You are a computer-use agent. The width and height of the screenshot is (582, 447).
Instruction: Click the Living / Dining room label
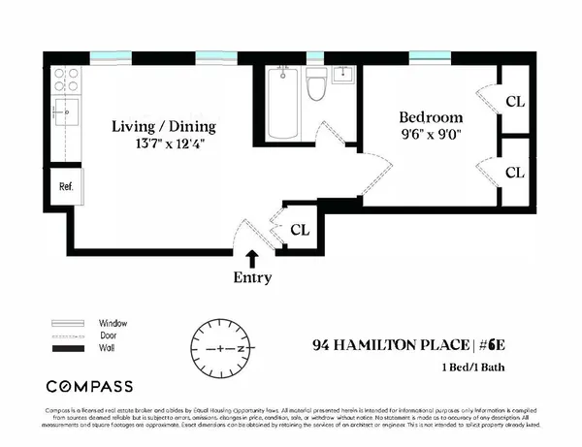tap(163, 127)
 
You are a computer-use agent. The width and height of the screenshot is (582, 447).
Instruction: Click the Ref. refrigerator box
tap(67, 186)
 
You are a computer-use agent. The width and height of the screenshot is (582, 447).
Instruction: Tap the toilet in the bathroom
tap(315, 88)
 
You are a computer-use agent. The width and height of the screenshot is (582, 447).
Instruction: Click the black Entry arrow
tap(252, 259)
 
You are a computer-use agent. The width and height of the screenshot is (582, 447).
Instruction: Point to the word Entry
tap(252, 277)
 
